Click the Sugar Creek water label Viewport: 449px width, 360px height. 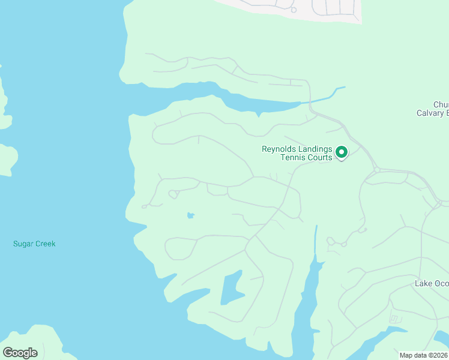pyautogui.click(x=34, y=244)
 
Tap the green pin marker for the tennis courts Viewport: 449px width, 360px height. pyautogui.click(x=342, y=153)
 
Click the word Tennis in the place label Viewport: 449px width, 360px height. pyautogui.click(x=294, y=158)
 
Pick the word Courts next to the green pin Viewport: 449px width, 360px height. pyautogui.click(x=319, y=158)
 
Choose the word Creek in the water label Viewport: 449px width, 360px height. pyautogui.click(x=45, y=244)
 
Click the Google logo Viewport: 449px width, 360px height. pyautogui.click(x=20, y=352)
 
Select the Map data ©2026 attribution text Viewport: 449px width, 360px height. pyautogui.click(x=423, y=355)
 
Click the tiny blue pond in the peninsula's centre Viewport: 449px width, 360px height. pyautogui.click(x=190, y=215)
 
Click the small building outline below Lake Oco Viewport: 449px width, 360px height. pyautogui.click(x=394, y=319)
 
